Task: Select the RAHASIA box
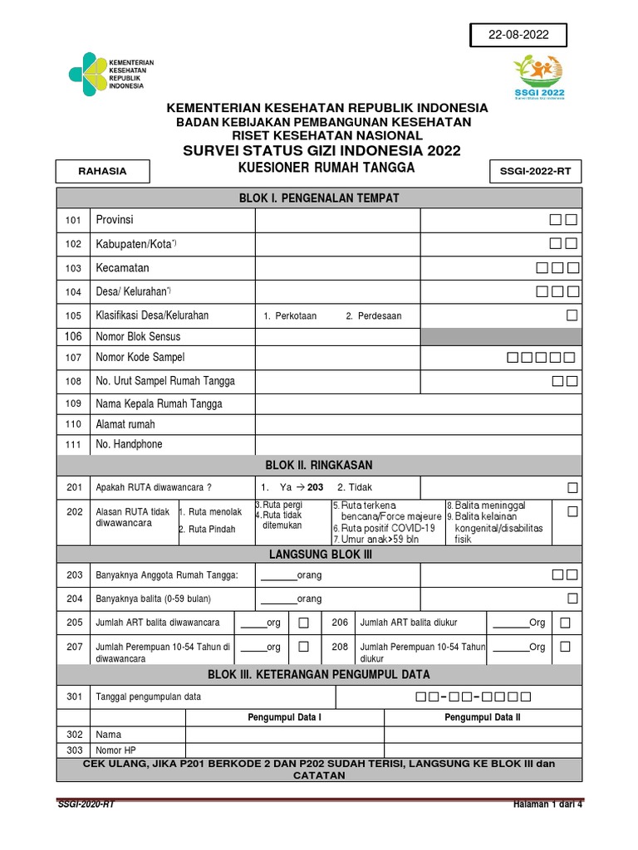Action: [102, 171]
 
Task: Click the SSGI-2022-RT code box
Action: [536, 172]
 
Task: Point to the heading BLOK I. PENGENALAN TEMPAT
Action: [319, 198]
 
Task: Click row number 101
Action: [74, 220]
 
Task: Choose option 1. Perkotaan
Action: [290, 316]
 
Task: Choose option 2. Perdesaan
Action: [374, 316]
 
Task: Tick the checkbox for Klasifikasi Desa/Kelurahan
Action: [572, 315]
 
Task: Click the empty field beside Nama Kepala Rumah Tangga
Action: [418, 404]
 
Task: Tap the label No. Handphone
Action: [129, 444]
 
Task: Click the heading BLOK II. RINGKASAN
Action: [319, 466]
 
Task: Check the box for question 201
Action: [572, 486]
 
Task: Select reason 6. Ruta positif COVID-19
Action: [384, 528]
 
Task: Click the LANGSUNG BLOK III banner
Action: [319, 554]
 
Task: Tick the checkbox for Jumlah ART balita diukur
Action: [565, 622]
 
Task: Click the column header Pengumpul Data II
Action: [483, 716]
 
